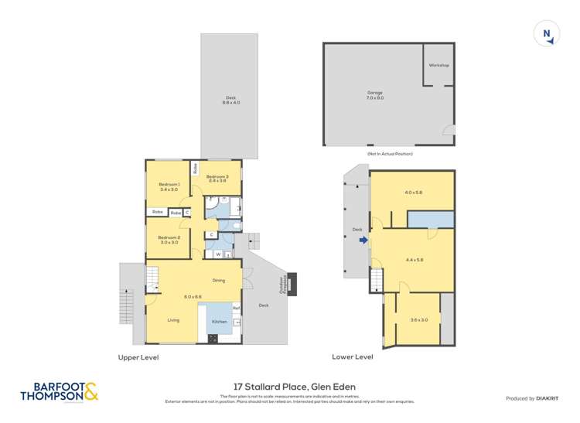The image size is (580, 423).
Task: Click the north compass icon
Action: [547, 33]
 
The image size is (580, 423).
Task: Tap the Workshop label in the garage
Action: [438, 65]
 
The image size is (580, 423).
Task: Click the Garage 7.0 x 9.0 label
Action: [374, 95]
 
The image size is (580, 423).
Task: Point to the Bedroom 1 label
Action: [169, 186]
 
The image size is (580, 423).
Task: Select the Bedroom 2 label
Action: [169, 240]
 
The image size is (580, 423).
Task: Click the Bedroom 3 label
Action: [216, 178]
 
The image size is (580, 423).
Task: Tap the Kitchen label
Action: [220, 321]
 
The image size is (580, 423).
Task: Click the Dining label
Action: [219, 280]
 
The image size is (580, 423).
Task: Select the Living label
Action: [173, 319]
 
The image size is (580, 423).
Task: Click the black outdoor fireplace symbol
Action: [292, 279]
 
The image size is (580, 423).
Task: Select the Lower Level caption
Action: [352, 357]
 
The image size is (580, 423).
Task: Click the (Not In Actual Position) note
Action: [389, 154]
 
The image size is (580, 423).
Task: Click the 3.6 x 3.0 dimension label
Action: [419, 319]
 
